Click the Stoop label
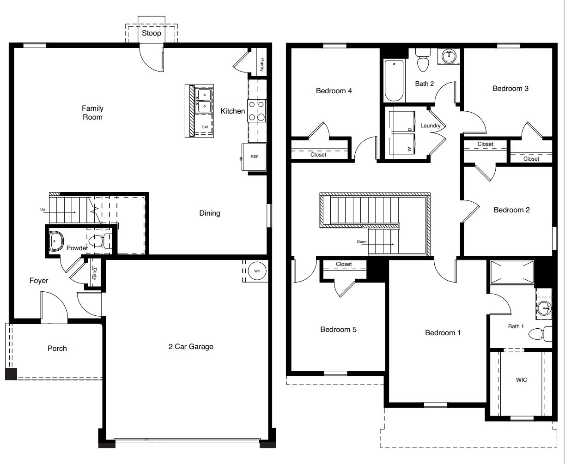click(152, 33)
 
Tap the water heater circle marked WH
click(257, 271)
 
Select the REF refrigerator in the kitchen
click(254, 157)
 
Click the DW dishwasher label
click(205, 127)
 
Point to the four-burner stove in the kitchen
click(257, 111)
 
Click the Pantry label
click(262, 65)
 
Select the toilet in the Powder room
click(100, 241)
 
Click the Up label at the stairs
click(43, 209)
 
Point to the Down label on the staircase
click(362, 241)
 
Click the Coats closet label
click(95, 273)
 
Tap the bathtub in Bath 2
click(394, 80)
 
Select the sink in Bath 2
click(449, 56)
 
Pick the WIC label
click(521, 380)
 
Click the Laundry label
click(430, 126)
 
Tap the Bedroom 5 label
click(338, 330)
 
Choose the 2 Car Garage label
click(191, 347)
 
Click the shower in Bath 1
click(512, 272)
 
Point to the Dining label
click(210, 213)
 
